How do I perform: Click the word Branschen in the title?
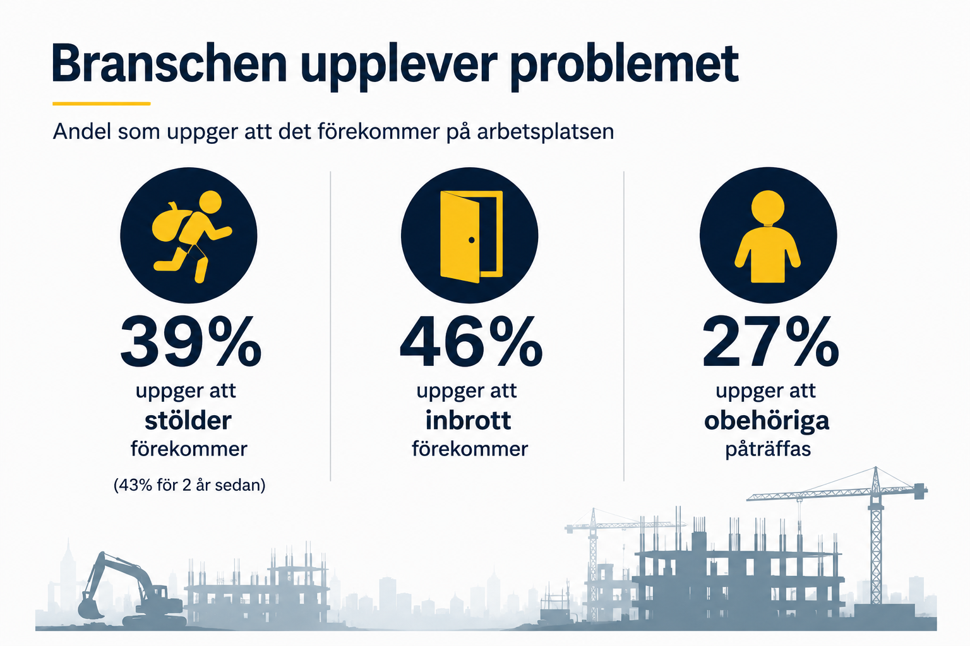tap(169, 63)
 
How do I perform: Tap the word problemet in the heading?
tap(624, 67)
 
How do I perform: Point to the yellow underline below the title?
tap(101, 104)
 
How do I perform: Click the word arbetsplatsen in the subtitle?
tap(546, 132)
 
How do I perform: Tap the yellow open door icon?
tap(471, 236)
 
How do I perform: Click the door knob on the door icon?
tap(472, 240)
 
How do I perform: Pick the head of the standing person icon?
tap(768, 207)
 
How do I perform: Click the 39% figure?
tap(191, 342)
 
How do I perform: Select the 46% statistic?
tap(471, 342)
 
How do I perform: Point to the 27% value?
tap(770, 342)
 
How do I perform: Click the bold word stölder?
tap(188, 421)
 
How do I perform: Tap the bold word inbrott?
tap(469, 420)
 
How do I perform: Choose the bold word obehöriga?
tap(767, 421)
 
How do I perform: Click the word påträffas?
tap(768, 449)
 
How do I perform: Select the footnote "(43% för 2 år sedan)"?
tap(189, 485)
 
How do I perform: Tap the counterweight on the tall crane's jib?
tap(921, 491)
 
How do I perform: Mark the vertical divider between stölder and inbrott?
tap(330, 326)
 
